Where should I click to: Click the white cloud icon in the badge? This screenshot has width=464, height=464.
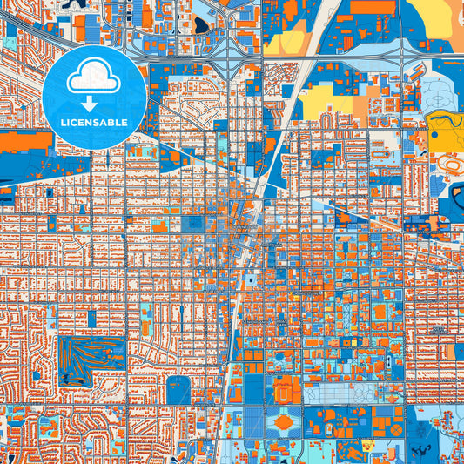(94, 77)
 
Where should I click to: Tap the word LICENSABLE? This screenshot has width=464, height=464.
(94, 123)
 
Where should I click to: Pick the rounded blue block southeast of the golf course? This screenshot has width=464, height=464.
(178, 389)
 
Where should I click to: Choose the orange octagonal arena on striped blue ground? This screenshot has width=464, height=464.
(284, 422)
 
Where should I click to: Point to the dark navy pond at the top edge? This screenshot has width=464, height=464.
(203, 25)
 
